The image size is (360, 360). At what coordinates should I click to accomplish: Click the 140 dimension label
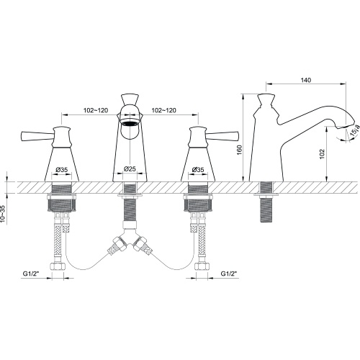(306, 80)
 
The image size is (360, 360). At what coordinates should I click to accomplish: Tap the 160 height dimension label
(240, 150)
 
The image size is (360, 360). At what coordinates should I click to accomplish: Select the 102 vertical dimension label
(322, 154)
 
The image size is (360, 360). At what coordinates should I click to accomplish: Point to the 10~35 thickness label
(3, 214)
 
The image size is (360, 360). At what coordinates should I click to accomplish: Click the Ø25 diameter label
(130, 168)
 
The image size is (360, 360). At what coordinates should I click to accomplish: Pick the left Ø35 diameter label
(62, 170)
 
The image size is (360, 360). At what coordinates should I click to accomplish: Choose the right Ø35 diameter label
(198, 170)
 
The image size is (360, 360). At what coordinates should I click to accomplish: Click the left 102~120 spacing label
(96, 110)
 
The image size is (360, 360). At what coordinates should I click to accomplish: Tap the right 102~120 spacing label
(163, 110)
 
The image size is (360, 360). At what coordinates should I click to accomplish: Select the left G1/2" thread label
(31, 274)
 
